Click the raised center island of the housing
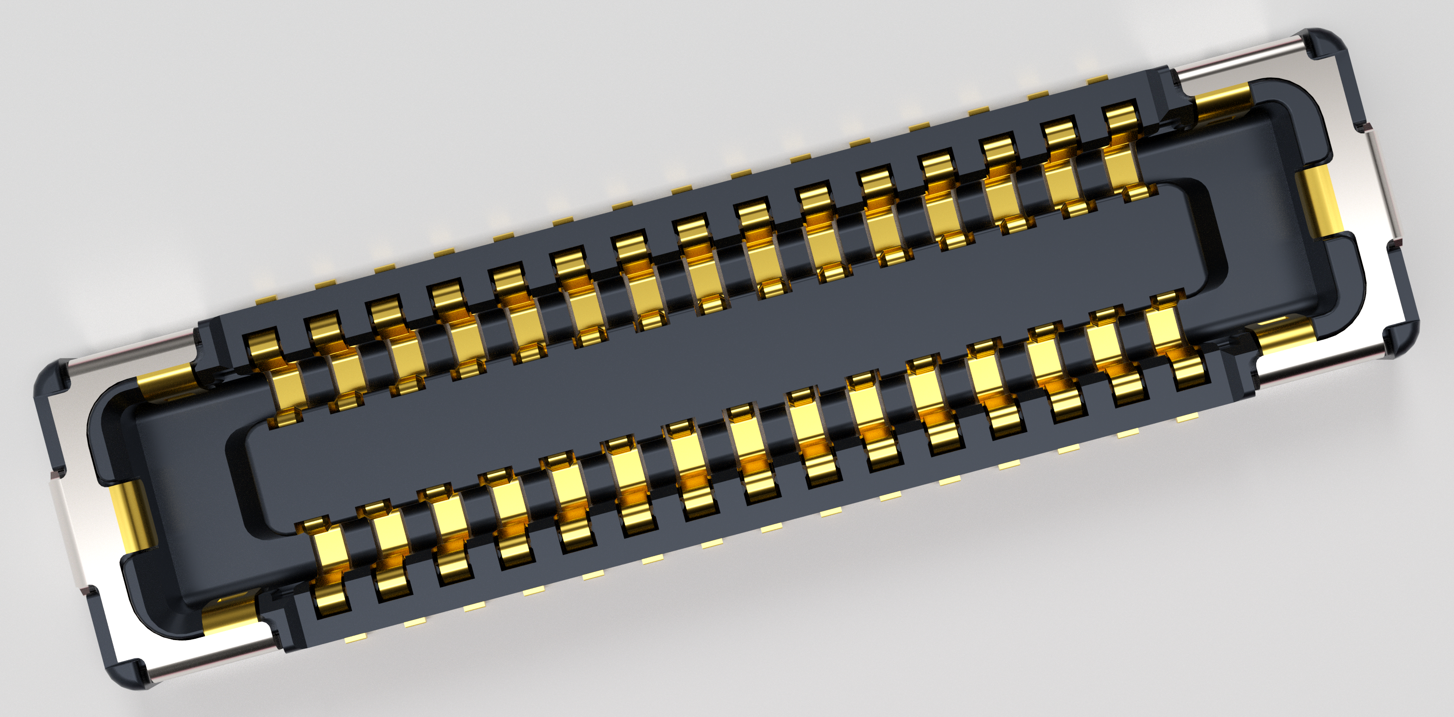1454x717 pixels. coord(728,355)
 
